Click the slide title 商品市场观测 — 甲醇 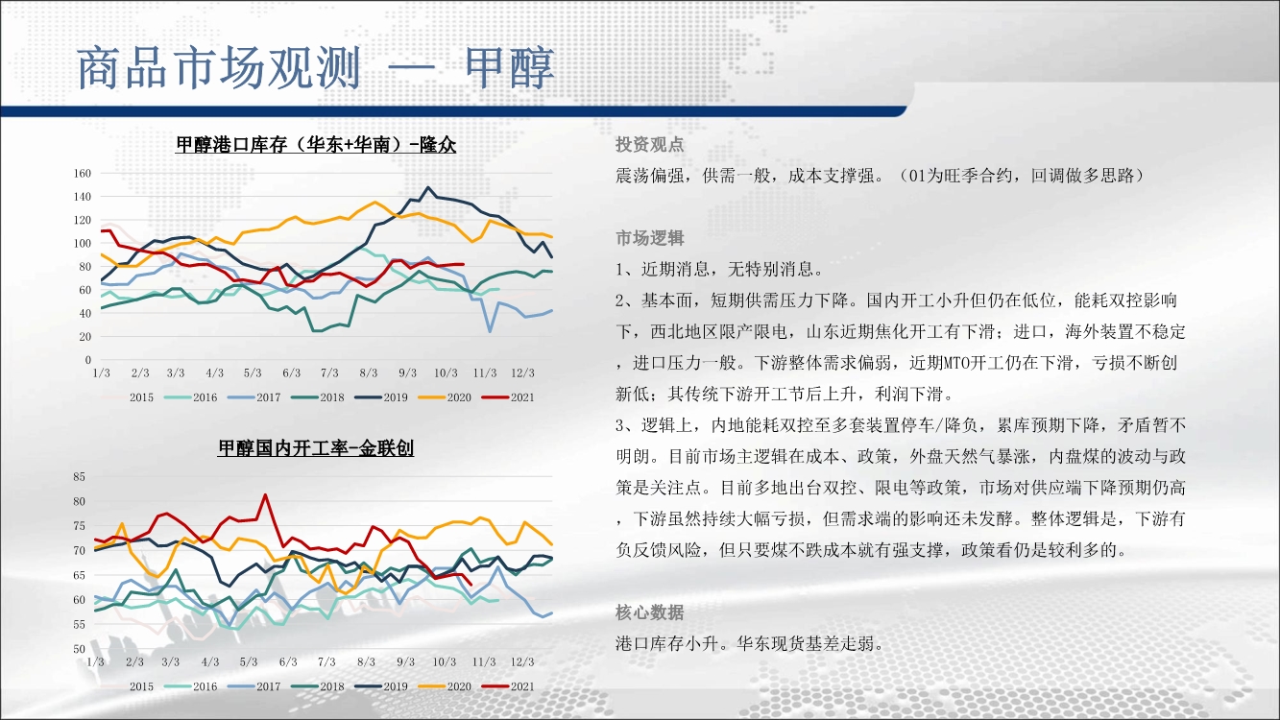[315, 68]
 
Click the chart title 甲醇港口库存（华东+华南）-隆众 [316, 145]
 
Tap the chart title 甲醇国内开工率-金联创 [316, 448]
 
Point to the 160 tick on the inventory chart [83, 173]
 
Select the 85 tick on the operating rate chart [79, 476]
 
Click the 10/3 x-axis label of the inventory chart [446, 373]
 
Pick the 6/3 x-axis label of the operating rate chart [288, 662]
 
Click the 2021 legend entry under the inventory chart [508, 397]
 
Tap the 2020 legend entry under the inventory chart [445, 397]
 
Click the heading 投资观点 [650, 145]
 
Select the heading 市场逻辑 [650, 238]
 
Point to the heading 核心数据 [650, 612]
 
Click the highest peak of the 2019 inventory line [428, 187]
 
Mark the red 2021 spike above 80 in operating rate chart [265, 494]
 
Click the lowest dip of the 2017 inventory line [490, 331]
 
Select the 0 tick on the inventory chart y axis [88, 360]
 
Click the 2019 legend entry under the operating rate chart [381, 686]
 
